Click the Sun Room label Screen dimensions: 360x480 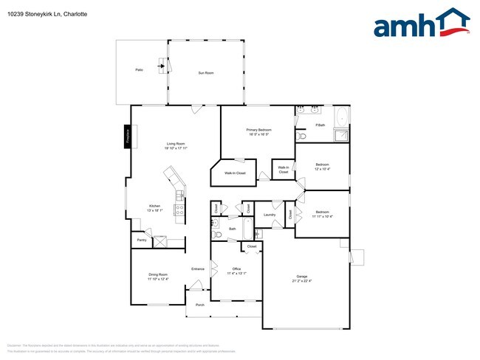(x=205, y=73)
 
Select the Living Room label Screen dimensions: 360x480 (x=176, y=143)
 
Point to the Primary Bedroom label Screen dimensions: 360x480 (x=258, y=130)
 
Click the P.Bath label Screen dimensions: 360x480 (x=320, y=125)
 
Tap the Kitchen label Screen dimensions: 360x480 (x=154, y=206)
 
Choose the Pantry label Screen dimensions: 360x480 (x=141, y=240)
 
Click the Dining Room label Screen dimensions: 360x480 (x=158, y=274)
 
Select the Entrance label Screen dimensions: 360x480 (x=198, y=269)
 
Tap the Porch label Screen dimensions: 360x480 (x=199, y=305)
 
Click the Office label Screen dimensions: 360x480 (x=236, y=269)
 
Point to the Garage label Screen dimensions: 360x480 (x=302, y=277)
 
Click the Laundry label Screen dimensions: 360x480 (x=270, y=215)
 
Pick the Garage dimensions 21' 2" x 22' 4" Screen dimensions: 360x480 (x=302, y=281)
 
